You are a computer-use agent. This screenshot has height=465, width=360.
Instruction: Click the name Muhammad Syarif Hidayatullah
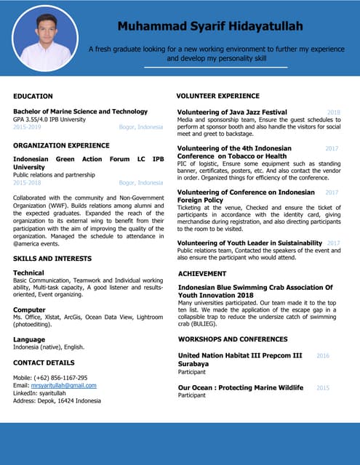coord(210,26)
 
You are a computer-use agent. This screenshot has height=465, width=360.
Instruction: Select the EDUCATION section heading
coord(33,96)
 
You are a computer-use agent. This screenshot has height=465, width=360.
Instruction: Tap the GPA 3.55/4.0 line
coord(49,119)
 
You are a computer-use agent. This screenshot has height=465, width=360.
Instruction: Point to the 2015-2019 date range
coord(28,127)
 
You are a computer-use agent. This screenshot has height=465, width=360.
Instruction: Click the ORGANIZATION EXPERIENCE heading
coord(61,145)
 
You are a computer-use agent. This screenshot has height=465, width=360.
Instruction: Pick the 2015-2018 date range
coord(28,182)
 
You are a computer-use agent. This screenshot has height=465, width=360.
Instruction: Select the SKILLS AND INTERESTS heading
coord(53,259)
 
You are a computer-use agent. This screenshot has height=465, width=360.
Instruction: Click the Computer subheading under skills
coord(29,310)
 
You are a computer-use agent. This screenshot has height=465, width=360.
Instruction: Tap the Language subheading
coord(29,339)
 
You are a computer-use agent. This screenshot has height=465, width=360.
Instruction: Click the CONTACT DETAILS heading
coord(44,362)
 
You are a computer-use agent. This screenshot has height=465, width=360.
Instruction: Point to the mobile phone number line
coord(50,378)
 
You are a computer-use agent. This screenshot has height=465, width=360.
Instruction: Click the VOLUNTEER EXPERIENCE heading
coord(218,96)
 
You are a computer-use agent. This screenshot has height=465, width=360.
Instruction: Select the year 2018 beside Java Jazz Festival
coord(334,113)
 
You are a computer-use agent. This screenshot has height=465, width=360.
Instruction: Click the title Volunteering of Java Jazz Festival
coord(232,112)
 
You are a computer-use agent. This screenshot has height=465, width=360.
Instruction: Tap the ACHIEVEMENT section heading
coord(202,274)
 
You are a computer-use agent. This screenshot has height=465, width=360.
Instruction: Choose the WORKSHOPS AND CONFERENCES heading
coord(233,339)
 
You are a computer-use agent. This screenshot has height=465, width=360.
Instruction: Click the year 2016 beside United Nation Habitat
coord(323,356)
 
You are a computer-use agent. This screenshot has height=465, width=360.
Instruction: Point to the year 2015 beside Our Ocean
coord(323,388)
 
